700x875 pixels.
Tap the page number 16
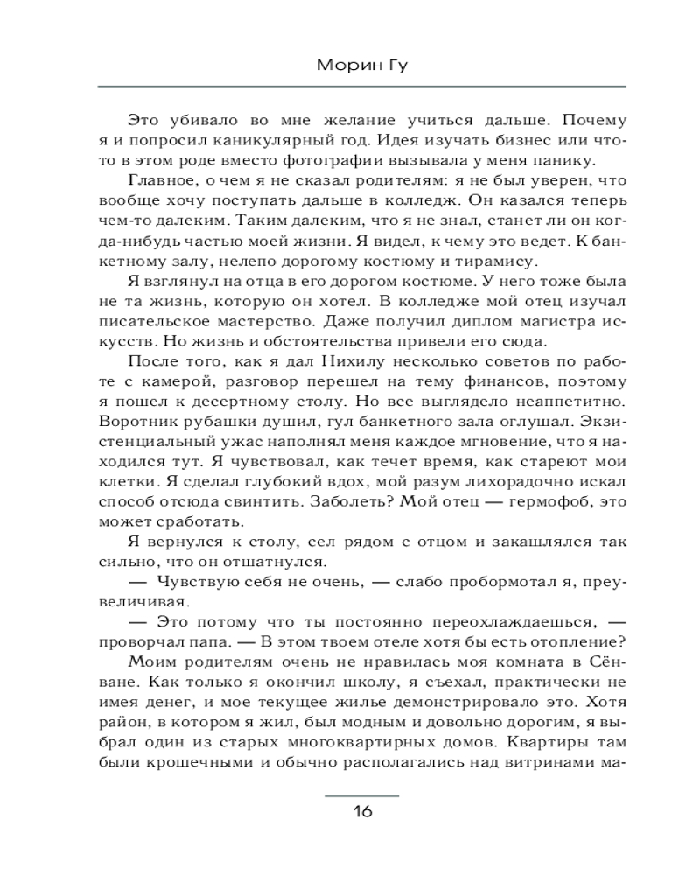coord(362,811)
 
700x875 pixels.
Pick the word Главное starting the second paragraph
coord(164,180)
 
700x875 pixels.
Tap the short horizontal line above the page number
coord(362,795)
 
